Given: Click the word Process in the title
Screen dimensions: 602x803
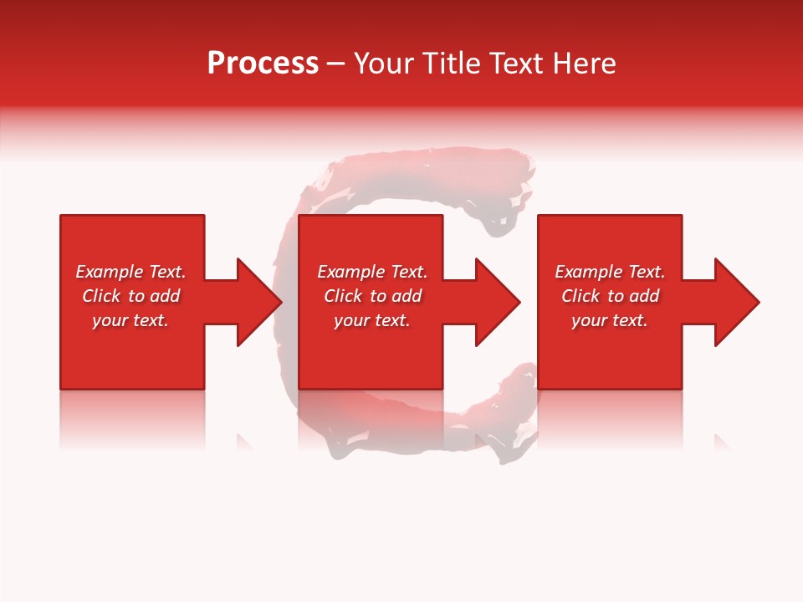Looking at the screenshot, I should [263, 64].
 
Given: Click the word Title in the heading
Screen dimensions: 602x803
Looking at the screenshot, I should [453, 64].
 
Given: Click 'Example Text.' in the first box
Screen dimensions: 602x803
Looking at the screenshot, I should [130, 272].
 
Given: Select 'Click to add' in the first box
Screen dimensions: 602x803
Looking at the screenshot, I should [130, 296].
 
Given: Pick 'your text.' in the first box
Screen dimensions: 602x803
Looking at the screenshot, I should [130, 320].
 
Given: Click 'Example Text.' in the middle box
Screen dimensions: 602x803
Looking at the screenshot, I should [372, 272].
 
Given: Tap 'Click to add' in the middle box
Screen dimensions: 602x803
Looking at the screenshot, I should [372, 296].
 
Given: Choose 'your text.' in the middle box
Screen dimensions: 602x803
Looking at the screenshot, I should [372, 320].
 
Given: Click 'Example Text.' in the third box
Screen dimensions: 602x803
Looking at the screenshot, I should [610, 272].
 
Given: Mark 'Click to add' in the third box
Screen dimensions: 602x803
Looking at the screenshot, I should [610, 296].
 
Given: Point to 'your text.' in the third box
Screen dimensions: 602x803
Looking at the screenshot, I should [610, 320].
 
